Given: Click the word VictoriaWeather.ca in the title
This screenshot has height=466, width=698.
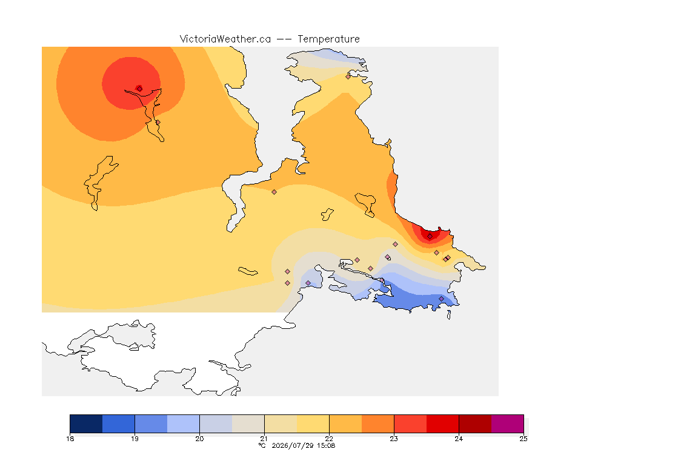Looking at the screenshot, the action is click(x=225, y=39).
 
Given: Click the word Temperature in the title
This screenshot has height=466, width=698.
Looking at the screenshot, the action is click(x=328, y=39).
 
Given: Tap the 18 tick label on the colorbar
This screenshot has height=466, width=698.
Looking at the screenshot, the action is click(x=70, y=439).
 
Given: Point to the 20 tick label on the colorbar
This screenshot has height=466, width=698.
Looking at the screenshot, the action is click(x=199, y=439).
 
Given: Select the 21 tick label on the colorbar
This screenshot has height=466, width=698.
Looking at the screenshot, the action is click(x=264, y=439).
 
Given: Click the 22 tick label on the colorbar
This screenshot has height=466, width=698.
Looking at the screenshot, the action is click(x=329, y=439).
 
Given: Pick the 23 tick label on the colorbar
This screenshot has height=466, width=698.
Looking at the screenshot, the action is click(x=394, y=439).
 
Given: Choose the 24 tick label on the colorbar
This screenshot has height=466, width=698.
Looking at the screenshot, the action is click(x=459, y=439).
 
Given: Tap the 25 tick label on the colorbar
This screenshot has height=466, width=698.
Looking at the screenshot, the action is click(x=523, y=439).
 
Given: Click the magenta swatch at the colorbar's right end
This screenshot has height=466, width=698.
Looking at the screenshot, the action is click(x=508, y=424).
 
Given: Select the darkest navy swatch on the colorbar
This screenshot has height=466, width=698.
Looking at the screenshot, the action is click(x=86, y=424).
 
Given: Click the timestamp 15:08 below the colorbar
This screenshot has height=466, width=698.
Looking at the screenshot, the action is click(x=326, y=445).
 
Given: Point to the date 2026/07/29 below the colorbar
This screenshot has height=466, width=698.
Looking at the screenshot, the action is click(x=293, y=445).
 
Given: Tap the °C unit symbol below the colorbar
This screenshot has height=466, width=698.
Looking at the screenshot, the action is click(x=262, y=445).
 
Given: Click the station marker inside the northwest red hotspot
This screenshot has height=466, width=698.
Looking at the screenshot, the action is click(x=139, y=89).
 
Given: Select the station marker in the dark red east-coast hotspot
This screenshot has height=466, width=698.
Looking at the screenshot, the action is click(x=430, y=237).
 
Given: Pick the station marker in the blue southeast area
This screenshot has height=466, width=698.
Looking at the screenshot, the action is click(x=441, y=299).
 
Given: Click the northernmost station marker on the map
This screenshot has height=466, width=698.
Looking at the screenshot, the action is click(x=348, y=76).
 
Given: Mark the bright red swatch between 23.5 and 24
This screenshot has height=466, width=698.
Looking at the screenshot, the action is click(x=442, y=424).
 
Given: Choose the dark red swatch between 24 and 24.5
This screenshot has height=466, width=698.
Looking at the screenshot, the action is click(x=475, y=424).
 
